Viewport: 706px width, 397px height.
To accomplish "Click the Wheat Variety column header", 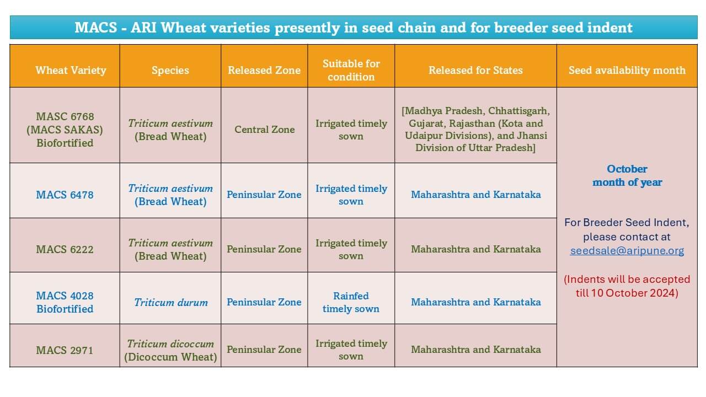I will point(71,70).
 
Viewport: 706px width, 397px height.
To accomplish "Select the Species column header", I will point(170,70).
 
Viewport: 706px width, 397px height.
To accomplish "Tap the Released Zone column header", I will point(264,70).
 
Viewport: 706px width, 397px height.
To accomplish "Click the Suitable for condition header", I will point(351,70).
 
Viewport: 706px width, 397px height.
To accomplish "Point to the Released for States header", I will point(475,70).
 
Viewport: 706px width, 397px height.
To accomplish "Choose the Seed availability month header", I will point(627,70).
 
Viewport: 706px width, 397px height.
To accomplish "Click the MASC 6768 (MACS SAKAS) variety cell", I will point(65,130).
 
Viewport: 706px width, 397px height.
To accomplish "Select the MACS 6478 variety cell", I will point(65,195).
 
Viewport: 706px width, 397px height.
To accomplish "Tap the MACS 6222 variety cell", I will point(65,249).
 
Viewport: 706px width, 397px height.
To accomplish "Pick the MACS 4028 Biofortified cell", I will point(65,302).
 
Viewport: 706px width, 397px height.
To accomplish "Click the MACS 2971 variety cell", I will point(65,350).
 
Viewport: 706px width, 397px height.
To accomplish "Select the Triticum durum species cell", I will point(171,302).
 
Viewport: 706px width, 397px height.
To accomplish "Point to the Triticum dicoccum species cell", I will point(170,350).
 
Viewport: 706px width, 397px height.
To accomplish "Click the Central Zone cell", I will point(265,130).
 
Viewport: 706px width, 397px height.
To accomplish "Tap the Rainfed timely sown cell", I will point(351,302).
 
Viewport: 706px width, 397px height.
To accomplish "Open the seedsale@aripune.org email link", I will point(627,250).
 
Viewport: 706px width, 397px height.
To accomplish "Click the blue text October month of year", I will point(627,175).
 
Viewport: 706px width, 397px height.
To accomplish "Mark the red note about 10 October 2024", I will point(627,286).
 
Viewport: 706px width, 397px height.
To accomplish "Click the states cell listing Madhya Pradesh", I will point(475,130).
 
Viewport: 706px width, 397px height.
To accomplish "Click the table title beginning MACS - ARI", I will point(354,28).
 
